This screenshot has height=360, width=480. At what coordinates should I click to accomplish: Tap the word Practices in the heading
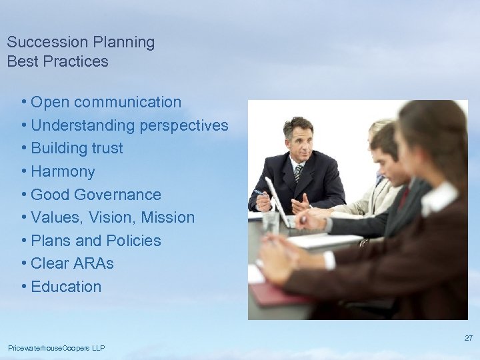(74, 62)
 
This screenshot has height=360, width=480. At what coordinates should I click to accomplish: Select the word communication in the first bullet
(127, 102)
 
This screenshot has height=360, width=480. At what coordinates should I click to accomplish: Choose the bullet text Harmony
(63, 171)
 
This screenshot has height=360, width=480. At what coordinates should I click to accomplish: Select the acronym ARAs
(95, 263)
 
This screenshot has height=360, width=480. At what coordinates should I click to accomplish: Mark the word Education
(66, 287)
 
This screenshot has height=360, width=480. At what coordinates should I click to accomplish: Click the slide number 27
(468, 338)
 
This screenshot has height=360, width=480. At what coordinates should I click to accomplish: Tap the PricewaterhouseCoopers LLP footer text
(56, 348)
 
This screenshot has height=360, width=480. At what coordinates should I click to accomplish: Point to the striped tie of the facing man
(298, 173)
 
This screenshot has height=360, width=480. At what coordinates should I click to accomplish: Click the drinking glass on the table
(270, 222)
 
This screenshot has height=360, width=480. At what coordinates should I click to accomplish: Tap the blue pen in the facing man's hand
(259, 193)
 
